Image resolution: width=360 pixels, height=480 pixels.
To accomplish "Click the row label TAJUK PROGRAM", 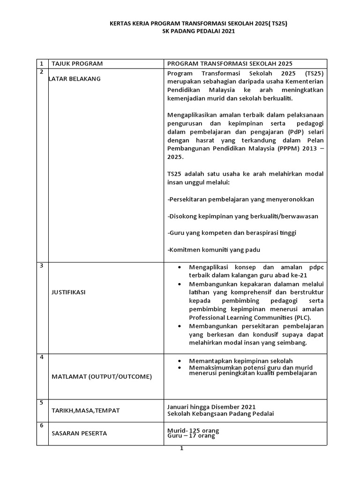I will (x=77, y=64).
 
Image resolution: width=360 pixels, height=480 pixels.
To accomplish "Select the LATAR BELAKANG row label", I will (x=75, y=79).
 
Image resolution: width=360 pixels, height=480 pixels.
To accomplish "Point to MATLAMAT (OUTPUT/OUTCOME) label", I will (x=101, y=377).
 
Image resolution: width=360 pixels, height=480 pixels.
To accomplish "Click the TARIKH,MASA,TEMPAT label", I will (x=85, y=410).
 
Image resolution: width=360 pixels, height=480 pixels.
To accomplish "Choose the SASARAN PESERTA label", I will (x=79, y=433).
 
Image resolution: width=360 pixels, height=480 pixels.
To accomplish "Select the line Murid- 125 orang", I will (x=193, y=430).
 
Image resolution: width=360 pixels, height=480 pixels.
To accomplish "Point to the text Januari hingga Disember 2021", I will (x=211, y=406).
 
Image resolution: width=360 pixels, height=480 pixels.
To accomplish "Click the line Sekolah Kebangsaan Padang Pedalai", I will (x=220, y=413).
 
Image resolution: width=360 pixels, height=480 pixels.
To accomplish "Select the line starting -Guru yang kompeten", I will (x=232, y=232).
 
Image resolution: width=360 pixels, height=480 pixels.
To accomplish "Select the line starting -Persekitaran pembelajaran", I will (x=240, y=199).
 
